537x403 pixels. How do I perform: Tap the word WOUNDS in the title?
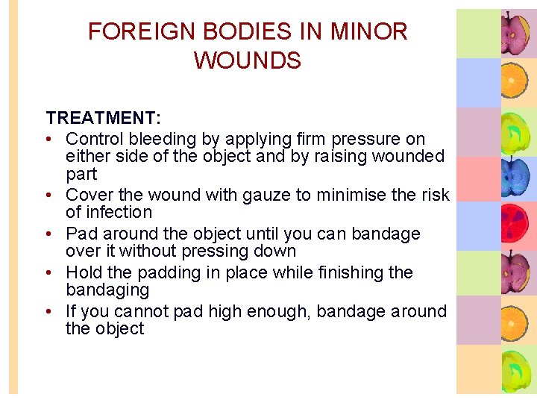coord(248,60)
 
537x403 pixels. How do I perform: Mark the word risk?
coord(434,196)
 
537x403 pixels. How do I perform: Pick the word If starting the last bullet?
coord(71,311)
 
